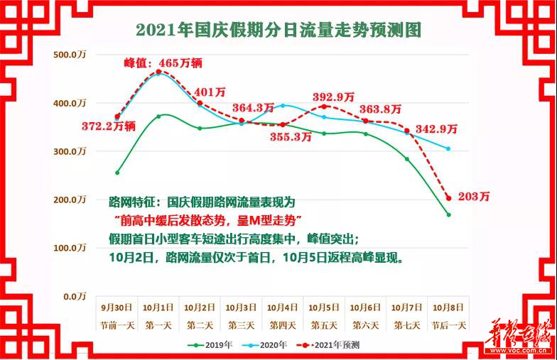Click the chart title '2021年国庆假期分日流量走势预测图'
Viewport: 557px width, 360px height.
(278, 30)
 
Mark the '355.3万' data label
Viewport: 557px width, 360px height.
(291, 138)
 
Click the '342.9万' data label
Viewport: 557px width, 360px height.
(437, 129)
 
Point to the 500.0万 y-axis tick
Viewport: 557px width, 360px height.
(70, 55)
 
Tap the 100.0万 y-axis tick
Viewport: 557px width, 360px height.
(70, 248)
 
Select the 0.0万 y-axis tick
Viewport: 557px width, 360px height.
(73, 296)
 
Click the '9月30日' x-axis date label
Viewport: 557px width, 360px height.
(117, 307)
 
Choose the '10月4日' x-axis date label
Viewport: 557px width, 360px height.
(283, 307)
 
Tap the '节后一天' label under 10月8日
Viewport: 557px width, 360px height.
(448, 324)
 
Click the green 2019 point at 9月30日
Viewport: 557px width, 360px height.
(117, 173)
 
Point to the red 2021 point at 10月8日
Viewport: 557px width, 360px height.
(448, 198)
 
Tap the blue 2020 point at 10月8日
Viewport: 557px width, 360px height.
(448, 148)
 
